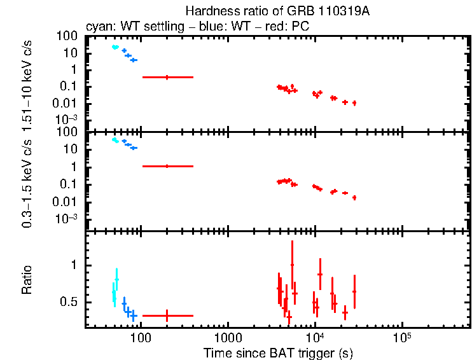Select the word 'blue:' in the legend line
(209, 27)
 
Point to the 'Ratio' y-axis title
(27, 280)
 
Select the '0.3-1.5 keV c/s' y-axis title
(27, 184)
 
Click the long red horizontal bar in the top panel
(167, 77)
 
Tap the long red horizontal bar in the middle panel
(167, 166)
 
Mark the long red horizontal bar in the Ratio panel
(167, 315)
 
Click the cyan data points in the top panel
(115, 47)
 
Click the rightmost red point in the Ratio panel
(354, 291)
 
